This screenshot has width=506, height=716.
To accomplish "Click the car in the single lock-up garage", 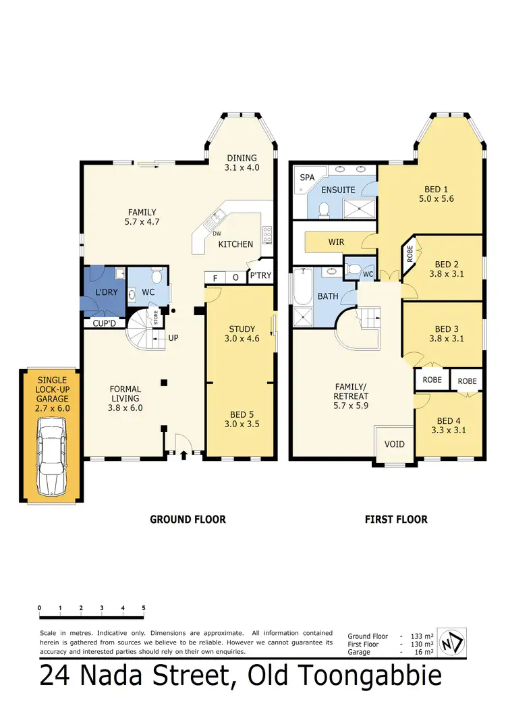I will click(x=51, y=456).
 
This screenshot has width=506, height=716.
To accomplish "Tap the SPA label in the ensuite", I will click(x=307, y=177).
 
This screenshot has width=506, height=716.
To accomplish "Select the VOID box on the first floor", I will click(x=395, y=444).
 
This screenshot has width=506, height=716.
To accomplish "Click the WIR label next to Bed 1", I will click(x=337, y=241).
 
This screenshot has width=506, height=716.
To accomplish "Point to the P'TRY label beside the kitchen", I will click(x=260, y=277).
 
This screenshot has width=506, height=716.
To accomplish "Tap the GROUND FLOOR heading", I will click(x=187, y=519).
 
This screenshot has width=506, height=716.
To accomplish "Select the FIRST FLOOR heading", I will click(x=396, y=519).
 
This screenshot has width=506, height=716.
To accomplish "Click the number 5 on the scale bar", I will click(x=144, y=608).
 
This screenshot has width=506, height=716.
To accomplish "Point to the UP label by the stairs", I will click(x=173, y=337).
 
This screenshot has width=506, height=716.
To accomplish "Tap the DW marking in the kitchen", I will click(x=217, y=234).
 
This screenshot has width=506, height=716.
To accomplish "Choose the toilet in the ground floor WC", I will click(x=157, y=277).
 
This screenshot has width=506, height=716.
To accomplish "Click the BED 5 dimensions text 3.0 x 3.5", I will click(x=241, y=424).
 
